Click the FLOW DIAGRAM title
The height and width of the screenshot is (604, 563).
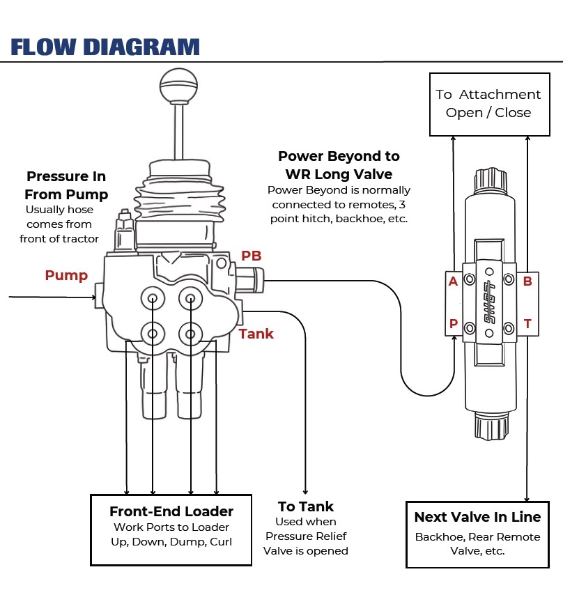(105, 47)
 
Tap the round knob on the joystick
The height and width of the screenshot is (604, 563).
(179, 86)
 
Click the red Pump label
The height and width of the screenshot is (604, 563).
(66, 275)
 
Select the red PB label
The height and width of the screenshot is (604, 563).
(252, 256)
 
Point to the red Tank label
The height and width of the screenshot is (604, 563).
(256, 334)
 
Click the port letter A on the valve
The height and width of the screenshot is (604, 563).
(454, 281)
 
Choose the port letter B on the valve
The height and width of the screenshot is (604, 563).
(527, 281)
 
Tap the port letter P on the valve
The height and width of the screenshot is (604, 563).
(454, 324)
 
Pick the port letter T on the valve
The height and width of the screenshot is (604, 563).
(527, 324)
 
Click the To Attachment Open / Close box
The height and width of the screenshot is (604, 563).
(488, 104)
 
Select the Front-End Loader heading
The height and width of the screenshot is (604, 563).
(171, 512)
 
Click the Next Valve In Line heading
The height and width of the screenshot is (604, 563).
(477, 517)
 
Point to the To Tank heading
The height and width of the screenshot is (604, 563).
(306, 506)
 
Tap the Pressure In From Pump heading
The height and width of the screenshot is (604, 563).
(66, 185)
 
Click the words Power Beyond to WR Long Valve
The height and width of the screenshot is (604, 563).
(339, 164)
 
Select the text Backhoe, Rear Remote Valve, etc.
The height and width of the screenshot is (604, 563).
(477, 543)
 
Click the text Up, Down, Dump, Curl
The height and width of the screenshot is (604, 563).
(171, 541)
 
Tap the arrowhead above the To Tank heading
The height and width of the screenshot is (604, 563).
(306, 490)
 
